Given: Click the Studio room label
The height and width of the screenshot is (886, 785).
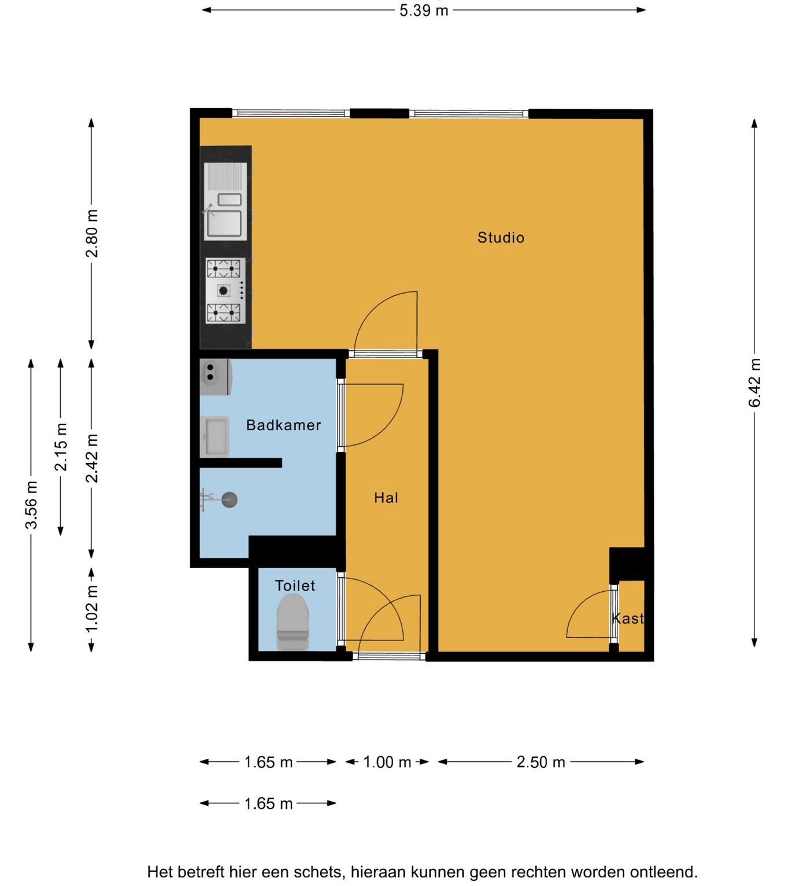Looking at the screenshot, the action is point(500,238).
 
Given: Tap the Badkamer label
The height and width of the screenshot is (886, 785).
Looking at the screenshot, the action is point(283,425).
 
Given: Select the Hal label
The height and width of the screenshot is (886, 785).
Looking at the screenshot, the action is point(386,498).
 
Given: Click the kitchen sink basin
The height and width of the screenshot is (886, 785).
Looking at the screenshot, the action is point(225,223).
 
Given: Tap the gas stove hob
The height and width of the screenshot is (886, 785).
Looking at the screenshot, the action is point(225,290).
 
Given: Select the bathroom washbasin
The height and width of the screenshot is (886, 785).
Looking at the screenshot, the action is point(215,436).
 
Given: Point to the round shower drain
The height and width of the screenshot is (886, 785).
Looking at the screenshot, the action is point(229,499).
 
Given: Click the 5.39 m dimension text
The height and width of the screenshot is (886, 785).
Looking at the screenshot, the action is point(424,10).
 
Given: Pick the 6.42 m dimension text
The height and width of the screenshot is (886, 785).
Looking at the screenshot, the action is point(754,383).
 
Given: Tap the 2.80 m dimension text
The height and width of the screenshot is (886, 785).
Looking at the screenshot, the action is point(91,233).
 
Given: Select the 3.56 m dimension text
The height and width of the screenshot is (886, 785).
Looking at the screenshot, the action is point(31,504).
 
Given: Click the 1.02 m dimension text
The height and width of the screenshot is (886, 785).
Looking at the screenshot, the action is point(91,609).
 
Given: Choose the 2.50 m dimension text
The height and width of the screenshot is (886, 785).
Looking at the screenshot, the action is point(540,762).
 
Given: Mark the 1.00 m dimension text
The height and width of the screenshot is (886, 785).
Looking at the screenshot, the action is point(387,762).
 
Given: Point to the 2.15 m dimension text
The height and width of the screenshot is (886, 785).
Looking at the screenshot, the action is point(61,447).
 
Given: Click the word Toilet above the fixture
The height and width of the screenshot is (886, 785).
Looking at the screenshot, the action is point(295,585).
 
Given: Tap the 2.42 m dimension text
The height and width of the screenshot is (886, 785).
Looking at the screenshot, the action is point(91,458).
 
